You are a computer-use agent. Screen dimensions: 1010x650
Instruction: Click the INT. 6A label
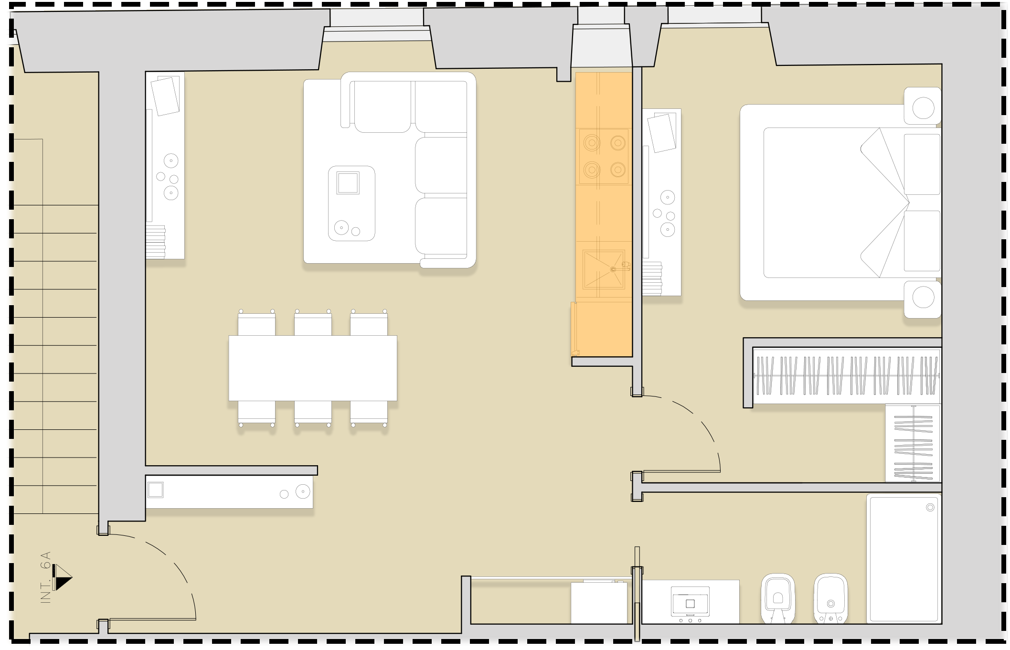tap(46, 577)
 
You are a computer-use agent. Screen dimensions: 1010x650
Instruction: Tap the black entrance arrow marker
tap(62, 577)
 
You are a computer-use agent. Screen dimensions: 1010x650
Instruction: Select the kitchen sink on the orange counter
tap(604, 270)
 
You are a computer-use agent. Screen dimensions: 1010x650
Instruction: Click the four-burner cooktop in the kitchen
tap(604, 156)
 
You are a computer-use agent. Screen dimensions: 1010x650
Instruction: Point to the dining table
tap(313, 368)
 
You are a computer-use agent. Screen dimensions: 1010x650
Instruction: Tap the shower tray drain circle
tap(930, 507)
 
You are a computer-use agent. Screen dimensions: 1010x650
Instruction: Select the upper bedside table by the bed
tap(923, 107)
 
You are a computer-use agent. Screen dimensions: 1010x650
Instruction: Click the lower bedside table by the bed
tap(923, 299)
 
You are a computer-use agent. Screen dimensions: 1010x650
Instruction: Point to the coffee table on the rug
tap(351, 203)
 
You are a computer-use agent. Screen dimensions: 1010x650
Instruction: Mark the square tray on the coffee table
tap(348, 183)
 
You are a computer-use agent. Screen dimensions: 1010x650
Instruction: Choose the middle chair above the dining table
tap(313, 323)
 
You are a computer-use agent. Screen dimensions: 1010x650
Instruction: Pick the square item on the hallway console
tap(156, 490)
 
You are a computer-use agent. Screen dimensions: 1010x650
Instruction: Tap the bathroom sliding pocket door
tap(637, 594)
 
